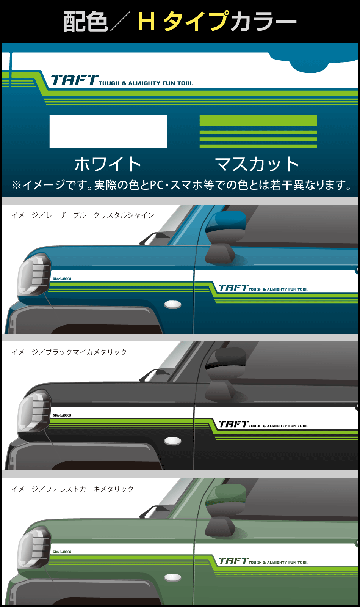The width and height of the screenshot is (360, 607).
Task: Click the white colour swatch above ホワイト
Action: (108, 131)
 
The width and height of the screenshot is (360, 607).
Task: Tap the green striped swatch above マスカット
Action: (258, 131)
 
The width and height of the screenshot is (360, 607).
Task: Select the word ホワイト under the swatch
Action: (108, 164)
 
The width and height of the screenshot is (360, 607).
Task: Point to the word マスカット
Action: (258, 164)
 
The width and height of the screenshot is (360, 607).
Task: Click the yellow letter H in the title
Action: (146, 21)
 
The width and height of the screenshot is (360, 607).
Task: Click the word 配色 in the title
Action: (86, 22)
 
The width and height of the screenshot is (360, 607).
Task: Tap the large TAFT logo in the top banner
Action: (75, 80)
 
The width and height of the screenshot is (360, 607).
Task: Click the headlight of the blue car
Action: (34, 274)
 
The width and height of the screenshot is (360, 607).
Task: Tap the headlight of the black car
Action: (34, 410)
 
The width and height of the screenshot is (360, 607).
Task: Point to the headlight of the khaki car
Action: (34, 547)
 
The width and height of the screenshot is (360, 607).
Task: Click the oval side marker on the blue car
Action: (173, 304)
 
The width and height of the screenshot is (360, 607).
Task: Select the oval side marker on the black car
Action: (173, 441)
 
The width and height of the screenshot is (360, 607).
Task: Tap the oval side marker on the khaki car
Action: (173, 577)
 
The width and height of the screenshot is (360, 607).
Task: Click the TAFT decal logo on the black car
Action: (233, 424)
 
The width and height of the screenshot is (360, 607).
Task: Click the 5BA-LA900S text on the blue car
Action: (62, 279)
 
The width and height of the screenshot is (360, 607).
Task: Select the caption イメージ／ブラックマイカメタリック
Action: (69, 352)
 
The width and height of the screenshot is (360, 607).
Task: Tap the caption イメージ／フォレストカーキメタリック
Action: (72, 489)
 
